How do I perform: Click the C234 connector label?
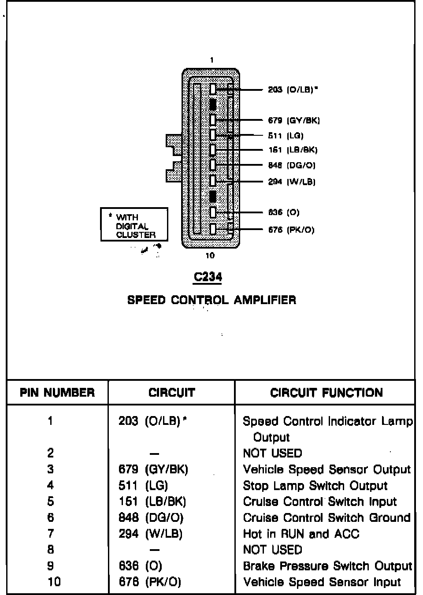coord(208,277)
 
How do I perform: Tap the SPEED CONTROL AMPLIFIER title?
coord(211,300)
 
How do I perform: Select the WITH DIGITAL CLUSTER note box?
coord(134,225)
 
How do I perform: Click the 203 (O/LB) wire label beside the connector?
coord(293,89)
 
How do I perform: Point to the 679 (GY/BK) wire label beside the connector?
coord(294,120)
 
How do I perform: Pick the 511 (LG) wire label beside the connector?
coord(286,136)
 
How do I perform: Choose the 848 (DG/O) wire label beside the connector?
coord(292,165)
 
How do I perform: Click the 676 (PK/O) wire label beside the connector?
coord(291,230)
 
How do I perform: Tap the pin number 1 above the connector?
coord(212,60)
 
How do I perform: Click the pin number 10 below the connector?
coord(210,256)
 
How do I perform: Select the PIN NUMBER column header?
coord(57,392)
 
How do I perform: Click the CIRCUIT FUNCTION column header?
coord(327,392)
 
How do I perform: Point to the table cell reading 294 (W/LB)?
coord(150,534)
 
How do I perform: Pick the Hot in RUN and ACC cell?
coord(301,534)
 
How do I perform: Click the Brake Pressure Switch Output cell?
coord(327,566)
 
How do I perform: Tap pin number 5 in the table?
coord(51,502)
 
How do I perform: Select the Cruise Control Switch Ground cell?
coord(327,517)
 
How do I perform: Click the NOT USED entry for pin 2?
coord(272,453)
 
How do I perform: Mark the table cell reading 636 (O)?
coord(140,566)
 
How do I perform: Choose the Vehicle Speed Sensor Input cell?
coord(322,582)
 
